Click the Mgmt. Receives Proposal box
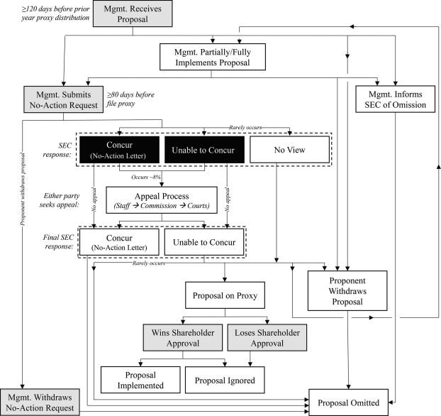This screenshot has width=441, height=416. (x=133, y=13)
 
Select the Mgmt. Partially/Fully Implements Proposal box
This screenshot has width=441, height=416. (x=212, y=57)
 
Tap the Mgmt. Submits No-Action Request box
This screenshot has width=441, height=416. (x=64, y=99)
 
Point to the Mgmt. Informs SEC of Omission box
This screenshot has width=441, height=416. (x=395, y=99)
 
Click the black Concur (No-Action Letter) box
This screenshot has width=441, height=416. (x=119, y=150)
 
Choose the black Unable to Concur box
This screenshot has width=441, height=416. (x=204, y=150)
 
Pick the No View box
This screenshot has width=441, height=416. (x=290, y=150)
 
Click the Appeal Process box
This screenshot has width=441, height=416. (x=162, y=200)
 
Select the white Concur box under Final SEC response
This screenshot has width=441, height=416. (x=119, y=242)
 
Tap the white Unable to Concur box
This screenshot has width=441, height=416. (x=204, y=242)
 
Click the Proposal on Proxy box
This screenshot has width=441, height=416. (x=225, y=295)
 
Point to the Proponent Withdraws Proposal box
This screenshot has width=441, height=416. (x=347, y=291)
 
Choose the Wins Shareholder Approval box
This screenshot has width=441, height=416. (x=183, y=338)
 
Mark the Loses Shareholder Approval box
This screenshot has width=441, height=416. (x=267, y=338)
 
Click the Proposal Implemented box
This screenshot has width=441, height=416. (x=140, y=380)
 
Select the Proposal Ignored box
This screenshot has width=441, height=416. (x=225, y=380)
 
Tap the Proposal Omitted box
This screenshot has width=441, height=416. (x=348, y=403)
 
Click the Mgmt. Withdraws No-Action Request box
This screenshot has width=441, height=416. (x=40, y=403)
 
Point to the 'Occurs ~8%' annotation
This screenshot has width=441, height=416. (x=145, y=177)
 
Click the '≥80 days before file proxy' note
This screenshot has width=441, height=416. (x=130, y=99)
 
